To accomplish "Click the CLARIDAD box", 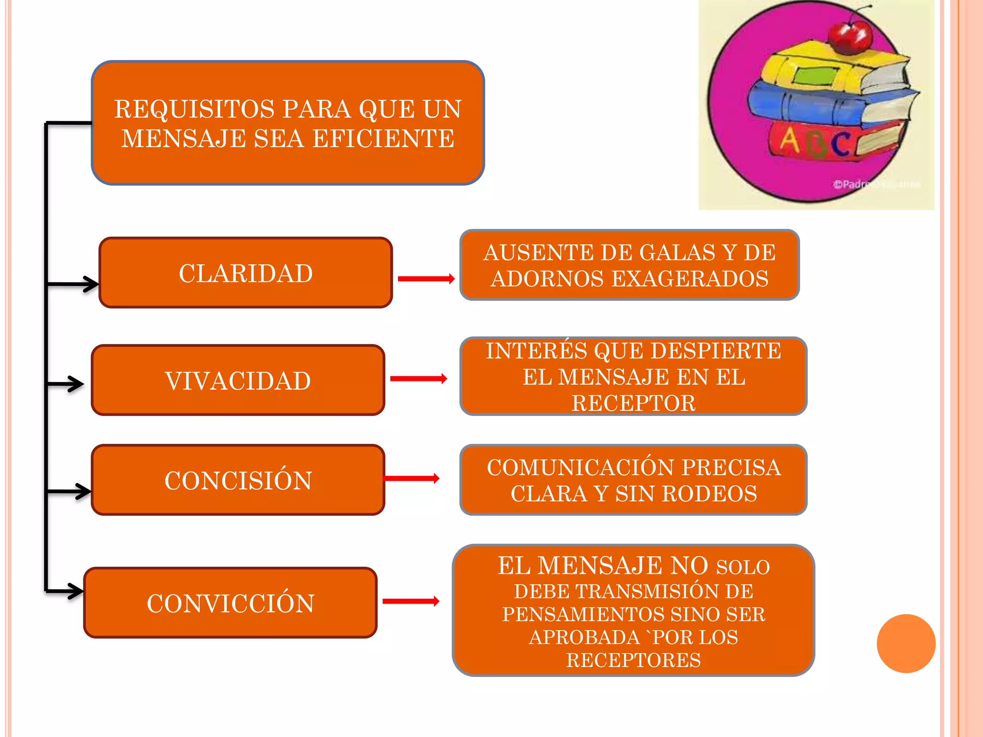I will coord(245,273).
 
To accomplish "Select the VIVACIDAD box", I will coord(238,380).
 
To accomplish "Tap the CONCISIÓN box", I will coord(238,480).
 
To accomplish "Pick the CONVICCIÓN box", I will coord(230,603).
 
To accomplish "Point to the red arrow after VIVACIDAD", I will coord(418,379).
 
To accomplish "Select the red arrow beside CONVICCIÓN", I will coord(410,601).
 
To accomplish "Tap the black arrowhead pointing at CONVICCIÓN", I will coord(76,591).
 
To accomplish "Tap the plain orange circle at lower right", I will coord(906,643).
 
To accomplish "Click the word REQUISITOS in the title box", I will coord(194,109).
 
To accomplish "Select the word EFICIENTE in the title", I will coord(383,139).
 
